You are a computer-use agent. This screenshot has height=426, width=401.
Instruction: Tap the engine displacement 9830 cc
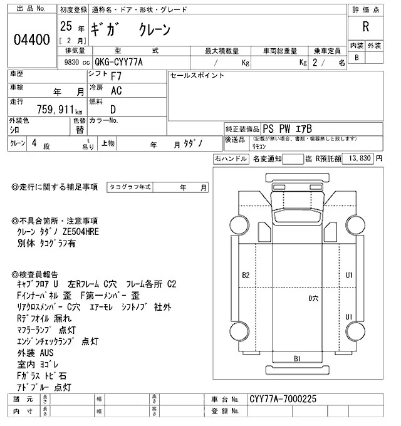[74, 62]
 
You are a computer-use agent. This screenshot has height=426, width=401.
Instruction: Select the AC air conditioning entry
[116, 91]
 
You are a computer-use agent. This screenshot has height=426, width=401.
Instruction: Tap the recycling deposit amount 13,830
[359, 159]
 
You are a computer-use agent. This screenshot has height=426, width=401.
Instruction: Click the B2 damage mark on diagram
[246, 275]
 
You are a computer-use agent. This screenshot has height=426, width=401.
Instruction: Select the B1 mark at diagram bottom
[298, 358]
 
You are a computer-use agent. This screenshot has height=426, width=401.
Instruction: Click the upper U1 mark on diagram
[350, 275]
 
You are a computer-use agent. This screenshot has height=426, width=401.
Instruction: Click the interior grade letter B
[357, 58]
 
